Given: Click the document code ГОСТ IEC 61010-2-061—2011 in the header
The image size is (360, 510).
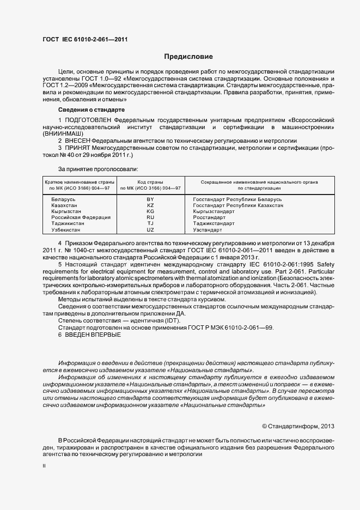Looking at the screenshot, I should pos(86,39).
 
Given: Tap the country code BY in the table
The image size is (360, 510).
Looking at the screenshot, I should pos(151,199).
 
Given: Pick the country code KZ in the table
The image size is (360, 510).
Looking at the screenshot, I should pos(151,205).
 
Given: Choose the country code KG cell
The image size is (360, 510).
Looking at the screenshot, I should pos(151,211).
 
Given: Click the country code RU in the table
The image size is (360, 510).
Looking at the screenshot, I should pos(151,217).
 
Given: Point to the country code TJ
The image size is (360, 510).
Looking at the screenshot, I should pos(151,223).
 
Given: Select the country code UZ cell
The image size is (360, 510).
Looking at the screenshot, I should pos(151,229).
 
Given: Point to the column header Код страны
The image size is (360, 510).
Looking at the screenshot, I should pos(151,181).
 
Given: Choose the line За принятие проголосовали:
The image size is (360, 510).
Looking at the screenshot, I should pos(90,169).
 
